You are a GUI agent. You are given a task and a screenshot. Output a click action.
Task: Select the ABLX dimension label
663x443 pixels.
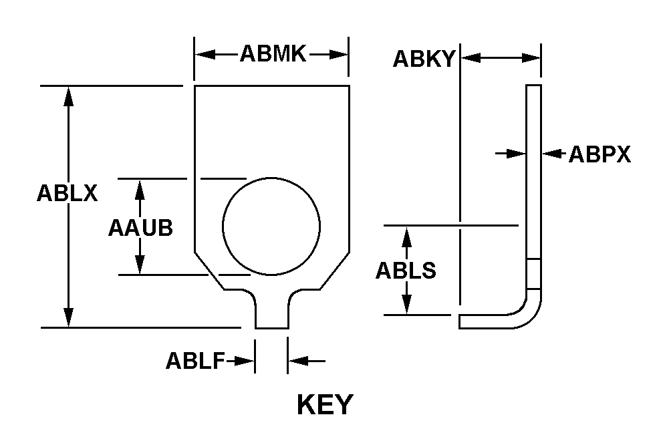68,193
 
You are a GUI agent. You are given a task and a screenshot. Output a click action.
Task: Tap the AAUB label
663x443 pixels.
140,228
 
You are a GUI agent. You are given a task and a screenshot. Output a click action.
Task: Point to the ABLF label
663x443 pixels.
196,361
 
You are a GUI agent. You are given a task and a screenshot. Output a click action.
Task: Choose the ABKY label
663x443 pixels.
424,59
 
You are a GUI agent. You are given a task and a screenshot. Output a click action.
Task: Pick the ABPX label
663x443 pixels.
600,155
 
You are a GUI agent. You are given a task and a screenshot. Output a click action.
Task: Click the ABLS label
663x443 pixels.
406,271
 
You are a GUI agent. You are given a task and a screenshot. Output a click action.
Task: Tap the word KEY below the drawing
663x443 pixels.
324,405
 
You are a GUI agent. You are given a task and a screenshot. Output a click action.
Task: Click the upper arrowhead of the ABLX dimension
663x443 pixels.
68,95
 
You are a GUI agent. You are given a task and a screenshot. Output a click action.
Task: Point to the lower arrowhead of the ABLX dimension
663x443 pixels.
68,318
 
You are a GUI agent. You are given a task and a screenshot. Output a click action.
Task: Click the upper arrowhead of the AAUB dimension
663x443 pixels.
140,187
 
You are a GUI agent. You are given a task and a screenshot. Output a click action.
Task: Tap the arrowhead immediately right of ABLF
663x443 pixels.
297,361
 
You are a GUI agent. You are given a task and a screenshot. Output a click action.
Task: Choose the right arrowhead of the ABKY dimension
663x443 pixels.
533,59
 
